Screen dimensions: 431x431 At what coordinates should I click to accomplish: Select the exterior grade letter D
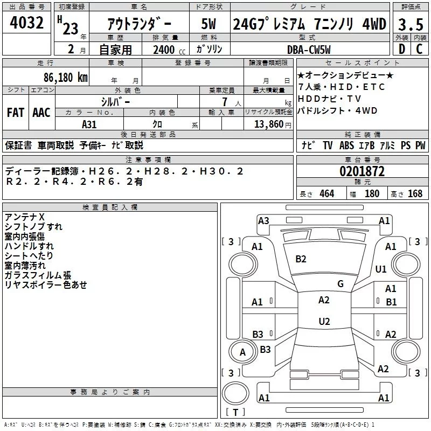[401, 49]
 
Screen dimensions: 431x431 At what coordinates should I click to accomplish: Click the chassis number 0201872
[362, 171]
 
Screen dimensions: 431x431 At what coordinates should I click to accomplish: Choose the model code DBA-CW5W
[308, 50]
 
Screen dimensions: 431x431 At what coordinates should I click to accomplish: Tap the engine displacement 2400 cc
[165, 50]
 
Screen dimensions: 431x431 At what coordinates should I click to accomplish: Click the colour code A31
[89, 123]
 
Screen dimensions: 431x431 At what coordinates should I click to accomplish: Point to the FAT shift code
[15, 112]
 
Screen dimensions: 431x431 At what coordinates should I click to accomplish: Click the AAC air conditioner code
[41, 112]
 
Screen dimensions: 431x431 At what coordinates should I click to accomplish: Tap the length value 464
[326, 193]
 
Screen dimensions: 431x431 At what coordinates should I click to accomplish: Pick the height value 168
[415, 193]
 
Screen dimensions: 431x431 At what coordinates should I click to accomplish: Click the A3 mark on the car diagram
[263, 220]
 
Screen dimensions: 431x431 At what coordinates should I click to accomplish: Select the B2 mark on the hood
[301, 259]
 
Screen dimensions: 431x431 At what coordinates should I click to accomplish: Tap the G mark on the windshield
[340, 283]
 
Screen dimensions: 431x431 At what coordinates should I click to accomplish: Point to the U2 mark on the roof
[324, 322]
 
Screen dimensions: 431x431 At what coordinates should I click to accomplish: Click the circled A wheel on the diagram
[242, 352]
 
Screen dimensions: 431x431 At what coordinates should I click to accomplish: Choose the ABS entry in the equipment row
[346, 145]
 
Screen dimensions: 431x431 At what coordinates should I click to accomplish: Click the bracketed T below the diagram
[235, 413]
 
